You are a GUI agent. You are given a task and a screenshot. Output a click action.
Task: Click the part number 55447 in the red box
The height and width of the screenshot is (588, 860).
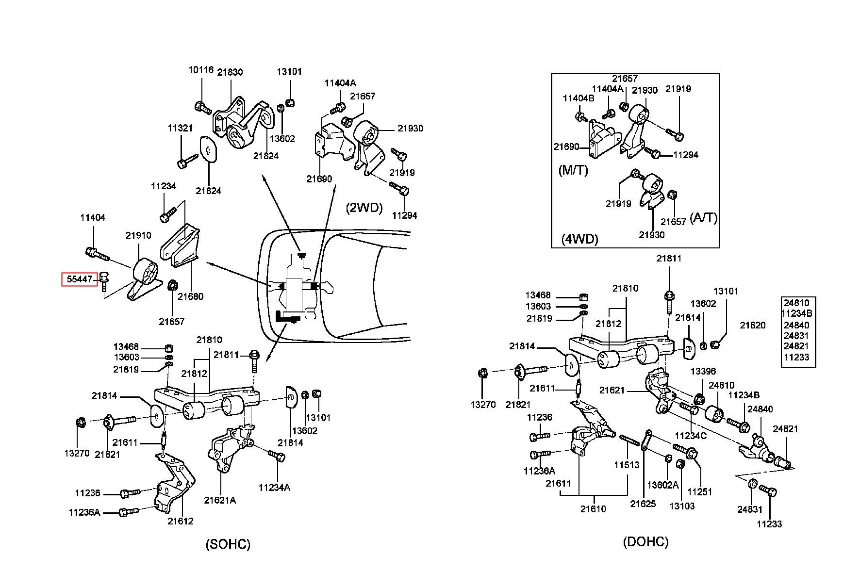(79, 279)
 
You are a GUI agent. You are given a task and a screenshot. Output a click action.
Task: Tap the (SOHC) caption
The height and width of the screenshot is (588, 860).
(228, 544)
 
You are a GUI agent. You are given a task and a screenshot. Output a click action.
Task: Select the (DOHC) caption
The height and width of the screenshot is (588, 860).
(645, 541)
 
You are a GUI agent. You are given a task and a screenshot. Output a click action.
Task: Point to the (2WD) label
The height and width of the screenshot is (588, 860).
(364, 208)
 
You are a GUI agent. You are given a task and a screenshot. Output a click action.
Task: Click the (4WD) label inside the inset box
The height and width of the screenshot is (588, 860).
(579, 239)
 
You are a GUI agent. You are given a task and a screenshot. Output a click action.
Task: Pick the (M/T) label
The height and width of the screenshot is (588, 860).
(573, 170)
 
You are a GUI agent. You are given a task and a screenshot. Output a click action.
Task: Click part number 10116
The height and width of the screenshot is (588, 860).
(201, 70)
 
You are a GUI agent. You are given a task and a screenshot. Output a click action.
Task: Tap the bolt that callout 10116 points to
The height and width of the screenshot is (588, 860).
(202, 107)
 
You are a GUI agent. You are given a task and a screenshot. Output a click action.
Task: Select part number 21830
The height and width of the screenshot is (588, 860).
(230, 72)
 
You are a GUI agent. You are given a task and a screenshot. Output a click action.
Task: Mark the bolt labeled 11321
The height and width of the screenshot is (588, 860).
(188, 161)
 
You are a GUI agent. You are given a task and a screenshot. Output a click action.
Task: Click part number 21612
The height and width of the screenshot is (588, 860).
(181, 521)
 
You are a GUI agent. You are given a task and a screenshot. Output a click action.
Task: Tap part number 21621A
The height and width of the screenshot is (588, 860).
(220, 500)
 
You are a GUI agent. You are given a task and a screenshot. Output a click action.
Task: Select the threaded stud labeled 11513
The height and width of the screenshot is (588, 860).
(630, 441)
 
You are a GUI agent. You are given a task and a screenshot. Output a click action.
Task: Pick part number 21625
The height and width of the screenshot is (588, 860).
(643, 504)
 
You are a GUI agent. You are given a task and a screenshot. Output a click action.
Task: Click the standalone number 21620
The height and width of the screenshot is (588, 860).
(752, 326)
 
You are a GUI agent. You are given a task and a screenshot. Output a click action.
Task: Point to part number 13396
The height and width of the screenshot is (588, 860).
(703, 371)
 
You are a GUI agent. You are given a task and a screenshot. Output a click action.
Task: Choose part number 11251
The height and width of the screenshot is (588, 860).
(700, 491)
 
